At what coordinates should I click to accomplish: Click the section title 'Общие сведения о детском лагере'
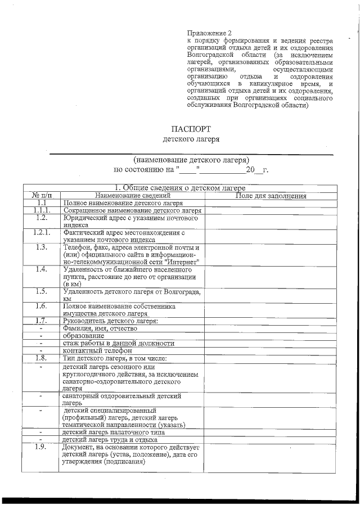point(180,188)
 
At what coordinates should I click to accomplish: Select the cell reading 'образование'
point(84,335)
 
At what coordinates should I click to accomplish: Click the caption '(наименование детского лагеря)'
point(191,159)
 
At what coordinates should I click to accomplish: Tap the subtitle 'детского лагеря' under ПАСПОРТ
point(191,138)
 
